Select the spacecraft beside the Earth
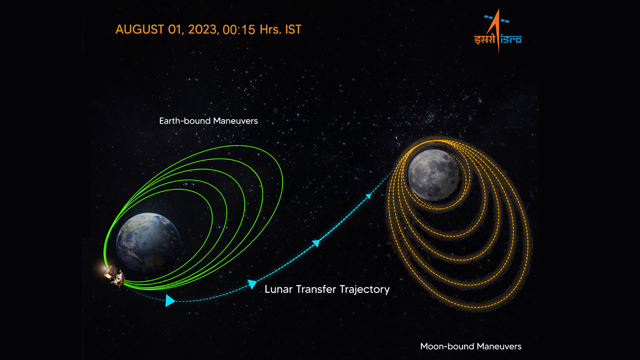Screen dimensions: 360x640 114,275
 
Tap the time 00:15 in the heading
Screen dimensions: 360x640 237,29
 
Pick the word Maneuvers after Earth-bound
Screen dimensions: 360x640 236,121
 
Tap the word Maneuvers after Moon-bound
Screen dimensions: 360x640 497,346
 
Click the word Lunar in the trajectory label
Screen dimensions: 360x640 278,289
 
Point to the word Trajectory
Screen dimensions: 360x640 364,289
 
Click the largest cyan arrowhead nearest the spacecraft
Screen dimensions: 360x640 169,300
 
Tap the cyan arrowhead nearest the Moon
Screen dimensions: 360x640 368,196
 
